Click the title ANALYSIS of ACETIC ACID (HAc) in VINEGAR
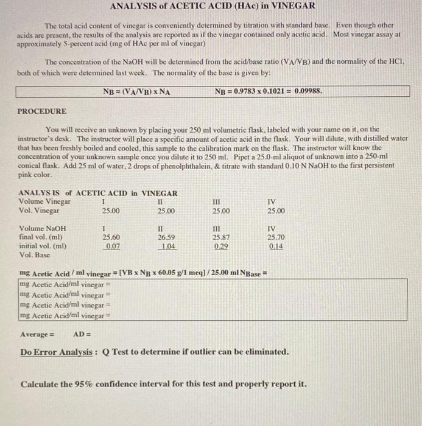pyautogui.click(x=212, y=6)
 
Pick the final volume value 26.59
pyautogui.click(x=166, y=238)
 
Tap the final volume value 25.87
pyautogui.click(x=220, y=238)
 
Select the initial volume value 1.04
pyautogui.click(x=166, y=246)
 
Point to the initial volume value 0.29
pyautogui.click(x=221, y=246)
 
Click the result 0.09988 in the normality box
pyautogui.click(x=308, y=92)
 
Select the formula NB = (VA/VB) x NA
pyautogui.click(x=137, y=92)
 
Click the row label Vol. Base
pyautogui.click(x=35, y=255)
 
